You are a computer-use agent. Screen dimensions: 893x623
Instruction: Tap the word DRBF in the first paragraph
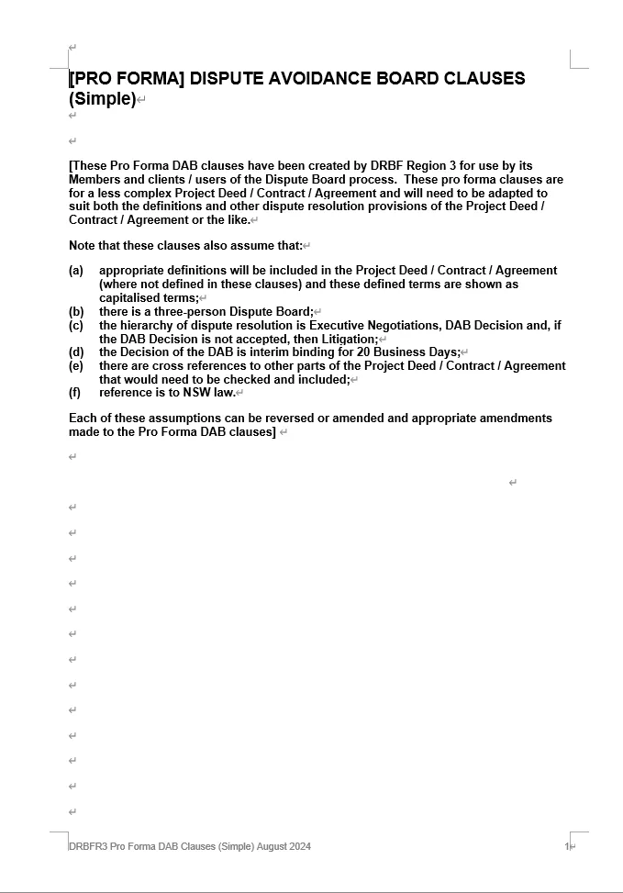390,166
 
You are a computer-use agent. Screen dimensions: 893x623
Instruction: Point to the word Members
95,180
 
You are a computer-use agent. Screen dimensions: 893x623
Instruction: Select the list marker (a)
76,271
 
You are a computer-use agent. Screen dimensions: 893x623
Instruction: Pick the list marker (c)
76,326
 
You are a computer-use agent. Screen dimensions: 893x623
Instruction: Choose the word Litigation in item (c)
343,340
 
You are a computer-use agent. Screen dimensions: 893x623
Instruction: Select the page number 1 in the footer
567,846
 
